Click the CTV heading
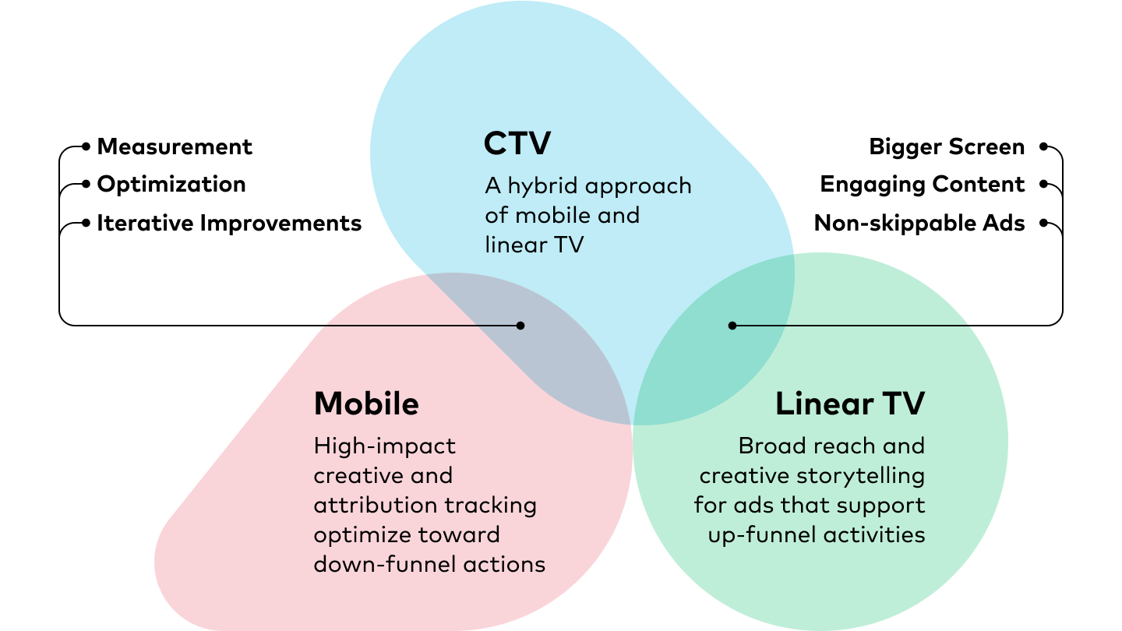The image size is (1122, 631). click(x=517, y=144)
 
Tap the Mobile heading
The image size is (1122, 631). click(x=366, y=404)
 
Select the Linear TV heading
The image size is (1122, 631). click(x=849, y=404)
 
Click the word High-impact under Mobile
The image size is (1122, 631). click(x=384, y=447)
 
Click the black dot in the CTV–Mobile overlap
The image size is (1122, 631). click(x=520, y=326)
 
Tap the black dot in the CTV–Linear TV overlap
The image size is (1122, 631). click(x=732, y=326)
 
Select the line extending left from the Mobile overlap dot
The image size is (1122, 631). click(x=421, y=326)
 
